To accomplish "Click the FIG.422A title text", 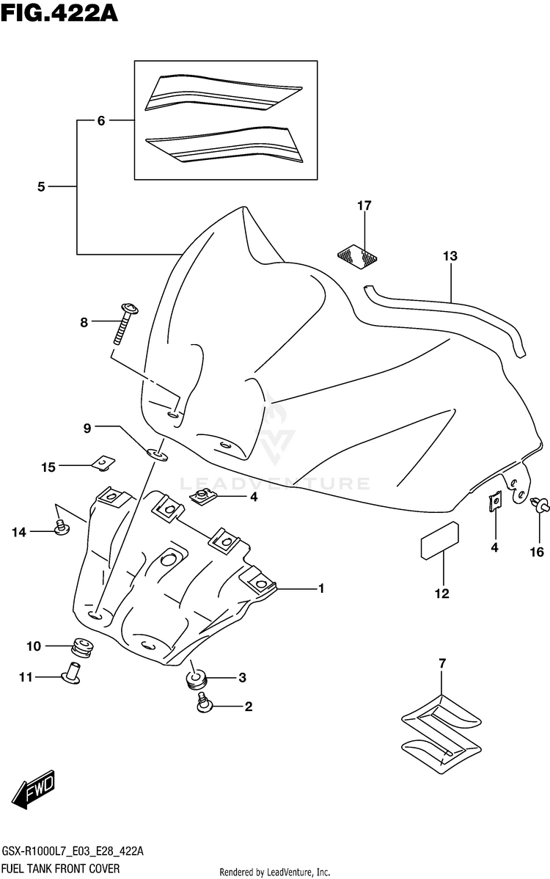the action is click(x=59, y=12).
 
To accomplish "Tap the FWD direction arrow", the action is click(x=33, y=789).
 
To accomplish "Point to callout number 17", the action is click(x=364, y=205).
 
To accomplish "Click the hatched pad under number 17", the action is click(x=357, y=255).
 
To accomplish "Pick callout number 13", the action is click(x=450, y=256).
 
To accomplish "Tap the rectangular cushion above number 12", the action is click(x=440, y=541).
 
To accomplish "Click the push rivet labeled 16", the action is click(x=540, y=505).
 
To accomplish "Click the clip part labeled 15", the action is click(x=103, y=462).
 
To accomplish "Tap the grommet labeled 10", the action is click(x=83, y=647).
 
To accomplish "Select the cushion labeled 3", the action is click(x=197, y=679).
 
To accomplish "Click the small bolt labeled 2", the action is click(x=205, y=703).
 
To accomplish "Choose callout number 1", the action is click(x=321, y=588).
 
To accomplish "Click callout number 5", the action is click(x=41, y=186).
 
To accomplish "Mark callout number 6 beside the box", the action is click(x=100, y=120).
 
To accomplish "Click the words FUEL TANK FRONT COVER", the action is click(x=61, y=868).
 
